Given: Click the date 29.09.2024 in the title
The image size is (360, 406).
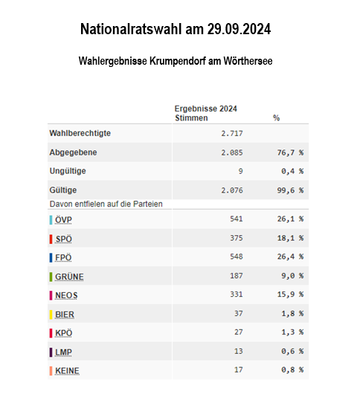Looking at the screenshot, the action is tap(239, 29).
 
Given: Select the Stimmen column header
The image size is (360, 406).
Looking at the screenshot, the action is tap(191, 117).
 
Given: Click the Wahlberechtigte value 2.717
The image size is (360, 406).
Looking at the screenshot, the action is tap(232, 133).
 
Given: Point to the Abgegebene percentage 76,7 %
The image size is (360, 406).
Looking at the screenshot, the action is tap(290, 152).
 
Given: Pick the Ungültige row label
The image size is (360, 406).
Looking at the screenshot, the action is tap(68, 171).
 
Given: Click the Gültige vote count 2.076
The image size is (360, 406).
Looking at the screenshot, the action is tap(232, 190).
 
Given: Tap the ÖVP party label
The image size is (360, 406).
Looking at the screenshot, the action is tap(63, 220).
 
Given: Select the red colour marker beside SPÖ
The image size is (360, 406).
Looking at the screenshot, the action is tap(51, 239).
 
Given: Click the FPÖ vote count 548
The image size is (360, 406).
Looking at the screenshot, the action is tap(237, 257).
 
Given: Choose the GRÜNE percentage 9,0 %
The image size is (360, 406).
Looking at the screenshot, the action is tap(292, 276).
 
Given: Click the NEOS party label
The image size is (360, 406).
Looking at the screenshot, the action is tap(66, 295).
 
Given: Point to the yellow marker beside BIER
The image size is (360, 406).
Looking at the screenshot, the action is tap(51, 315).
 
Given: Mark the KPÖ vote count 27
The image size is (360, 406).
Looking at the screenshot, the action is tap(239, 332).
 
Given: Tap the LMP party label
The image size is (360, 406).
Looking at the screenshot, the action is tap(63, 352).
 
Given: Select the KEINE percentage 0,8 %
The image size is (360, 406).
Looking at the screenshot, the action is tap(292, 370).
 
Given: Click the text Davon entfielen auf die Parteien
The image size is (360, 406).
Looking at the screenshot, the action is tap(106, 204).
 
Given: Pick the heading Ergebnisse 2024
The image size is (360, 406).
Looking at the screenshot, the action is tap(205, 109).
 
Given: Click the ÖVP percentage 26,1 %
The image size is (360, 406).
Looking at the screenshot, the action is tap(290, 219).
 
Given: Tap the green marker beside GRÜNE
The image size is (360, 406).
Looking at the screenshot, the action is tap(51, 277).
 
